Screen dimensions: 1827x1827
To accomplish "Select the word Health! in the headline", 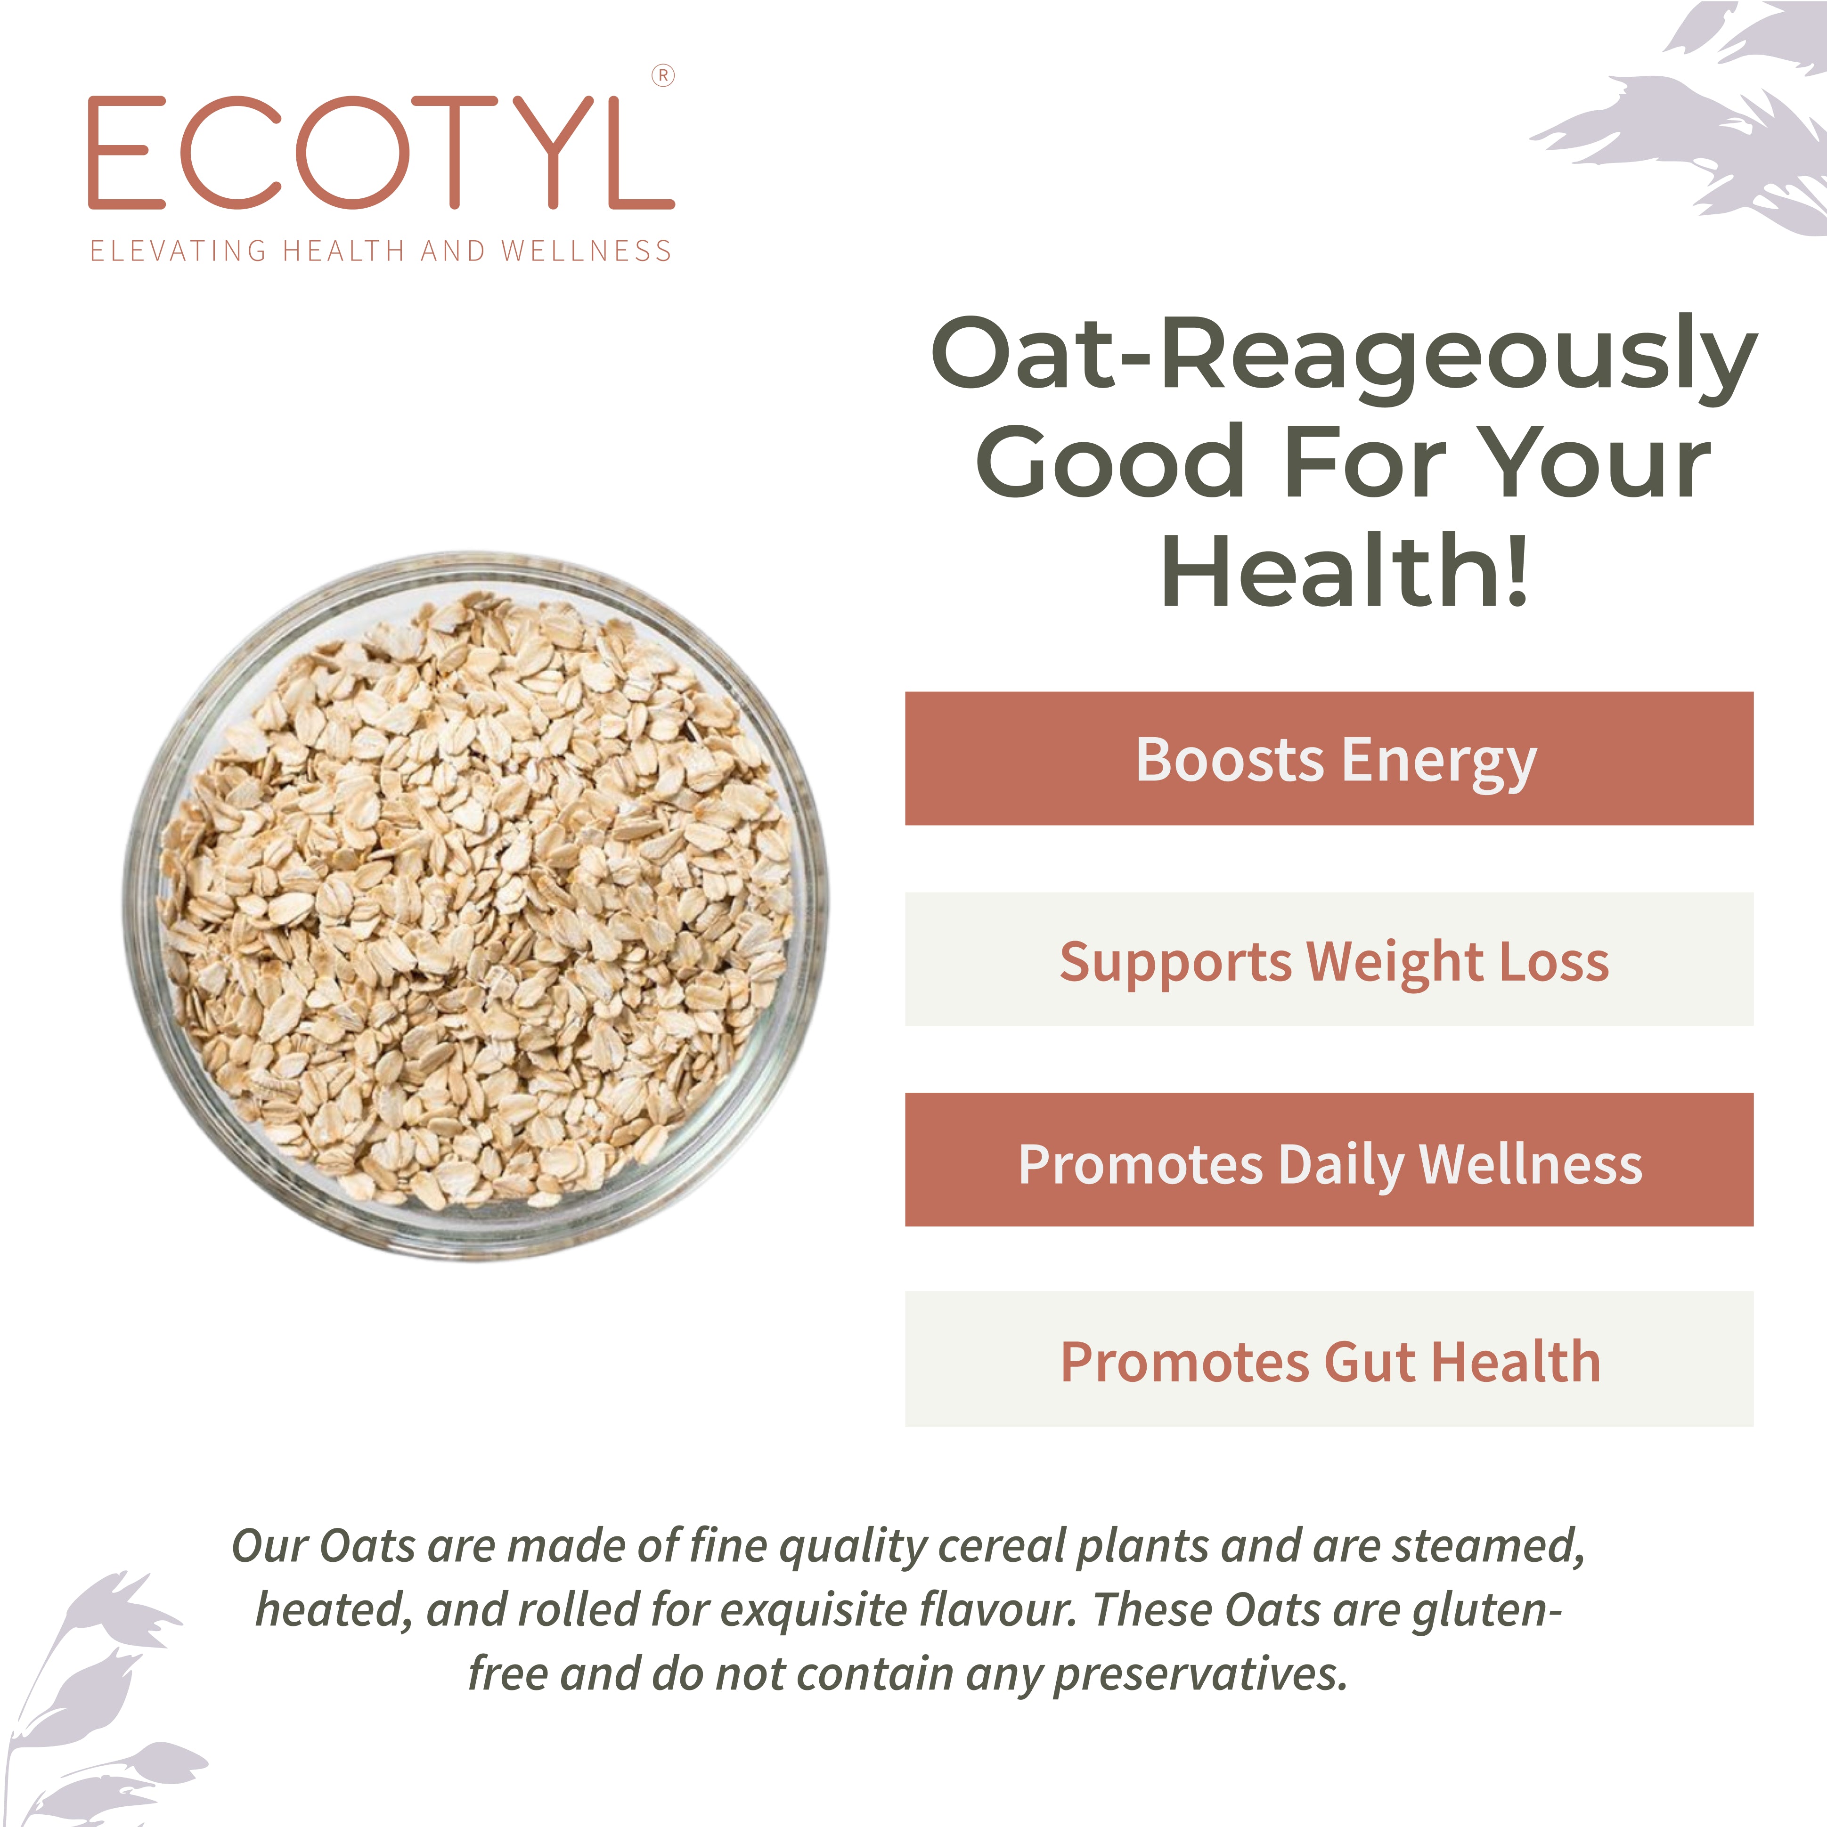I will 1345,570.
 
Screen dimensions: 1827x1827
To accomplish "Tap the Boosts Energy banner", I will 1329,758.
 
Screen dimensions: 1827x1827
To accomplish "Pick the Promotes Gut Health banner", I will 1329,1360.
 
